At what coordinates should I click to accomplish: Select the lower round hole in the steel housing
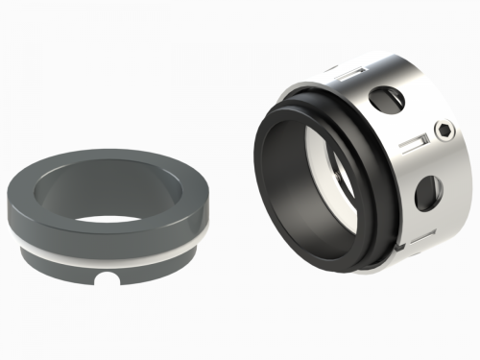[x=424, y=197]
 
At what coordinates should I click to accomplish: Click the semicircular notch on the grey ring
[x=111, y=282]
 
